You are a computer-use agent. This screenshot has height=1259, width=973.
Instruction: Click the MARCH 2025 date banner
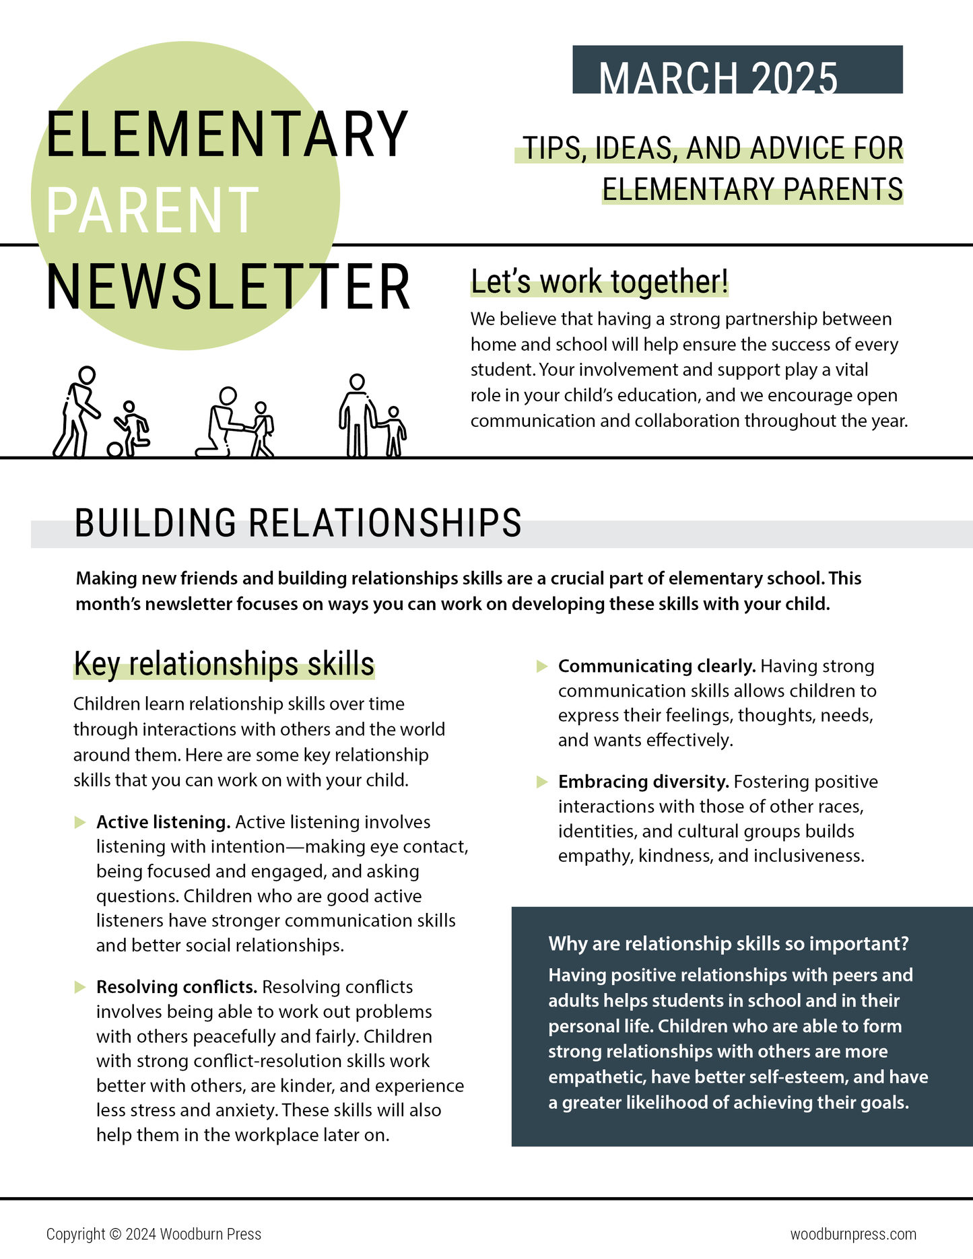point(737,70)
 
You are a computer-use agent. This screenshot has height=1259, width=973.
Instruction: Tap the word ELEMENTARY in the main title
point(226,135)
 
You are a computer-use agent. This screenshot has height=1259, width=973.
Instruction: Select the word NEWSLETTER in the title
point(228,287)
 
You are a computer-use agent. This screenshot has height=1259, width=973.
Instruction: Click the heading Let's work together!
point(599,282)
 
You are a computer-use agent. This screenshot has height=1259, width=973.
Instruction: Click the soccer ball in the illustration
point(114,449)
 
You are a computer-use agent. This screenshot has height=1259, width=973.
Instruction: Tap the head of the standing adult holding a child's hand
point(357,382)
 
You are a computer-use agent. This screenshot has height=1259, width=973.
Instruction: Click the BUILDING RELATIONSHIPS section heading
point(298,524)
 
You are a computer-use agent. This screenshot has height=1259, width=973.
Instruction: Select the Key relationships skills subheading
point(224,664)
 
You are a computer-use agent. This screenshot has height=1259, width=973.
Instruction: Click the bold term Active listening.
point(164,822)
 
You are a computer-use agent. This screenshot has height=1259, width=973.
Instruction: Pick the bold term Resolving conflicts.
point(176,987)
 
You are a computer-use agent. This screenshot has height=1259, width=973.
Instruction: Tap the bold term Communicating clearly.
point(657,666)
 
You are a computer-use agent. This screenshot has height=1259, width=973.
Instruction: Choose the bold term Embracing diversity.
point(643,782)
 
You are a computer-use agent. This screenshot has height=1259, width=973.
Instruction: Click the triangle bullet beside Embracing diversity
point(541,782)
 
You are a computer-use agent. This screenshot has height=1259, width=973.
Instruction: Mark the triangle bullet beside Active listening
point(80,822)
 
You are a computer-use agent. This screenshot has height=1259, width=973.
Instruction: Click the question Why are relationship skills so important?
point(729,943)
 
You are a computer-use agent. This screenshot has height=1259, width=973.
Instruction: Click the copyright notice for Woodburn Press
point(154,1234)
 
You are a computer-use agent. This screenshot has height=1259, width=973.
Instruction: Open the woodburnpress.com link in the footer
point(852,1234)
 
